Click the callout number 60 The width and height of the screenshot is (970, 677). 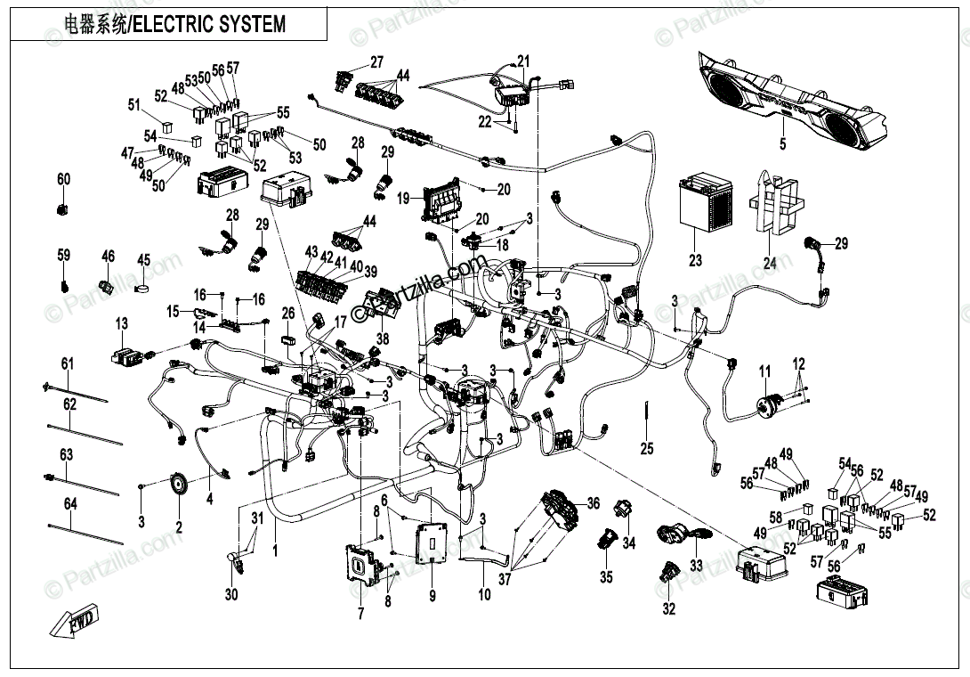(63, 180)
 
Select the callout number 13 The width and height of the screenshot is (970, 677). (121, 322)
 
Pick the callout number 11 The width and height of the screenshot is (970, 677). (764, 370)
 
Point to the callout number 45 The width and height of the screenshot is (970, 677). (144, 260)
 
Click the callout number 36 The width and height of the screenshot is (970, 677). (594, 504)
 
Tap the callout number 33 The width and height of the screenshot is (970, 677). (696, 565)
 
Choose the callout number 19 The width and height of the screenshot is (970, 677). (403, 197)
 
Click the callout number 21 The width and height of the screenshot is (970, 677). (523, 61)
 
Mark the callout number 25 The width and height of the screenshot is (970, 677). (647, 447)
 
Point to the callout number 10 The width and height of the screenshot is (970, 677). (484, 594)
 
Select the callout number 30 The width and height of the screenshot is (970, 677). (231, 595)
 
